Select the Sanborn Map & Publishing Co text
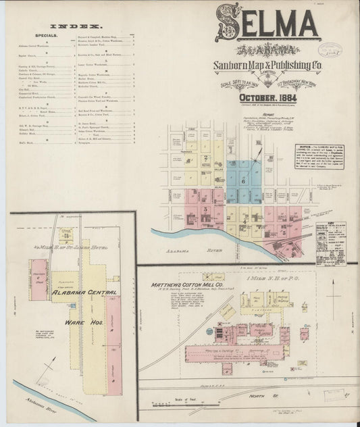tap(267, 66)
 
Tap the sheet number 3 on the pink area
tap(205, 209)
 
